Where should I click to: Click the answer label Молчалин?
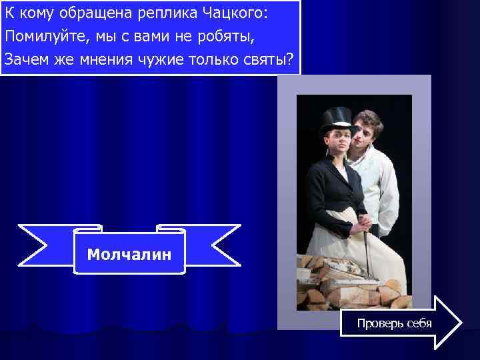click(x=129, y=254)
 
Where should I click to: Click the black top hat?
click(x=335, y=121)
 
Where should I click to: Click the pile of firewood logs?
click(x=347, y=280)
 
